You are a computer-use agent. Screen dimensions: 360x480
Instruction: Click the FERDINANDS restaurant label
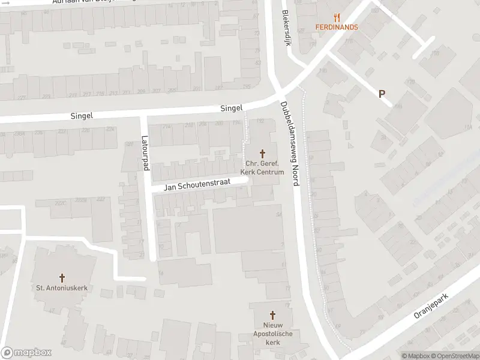tap(337, 27)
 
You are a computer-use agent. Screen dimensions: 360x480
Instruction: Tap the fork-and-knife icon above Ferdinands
tap(337, 17)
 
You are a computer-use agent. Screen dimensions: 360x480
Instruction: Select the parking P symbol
tap(381, 94)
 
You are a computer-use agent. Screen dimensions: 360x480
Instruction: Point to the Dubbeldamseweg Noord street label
tap(289, 144)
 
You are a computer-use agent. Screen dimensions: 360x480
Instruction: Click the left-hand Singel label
tap(82, 116)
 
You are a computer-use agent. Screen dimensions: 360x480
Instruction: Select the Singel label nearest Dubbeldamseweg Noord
tap(231, 108)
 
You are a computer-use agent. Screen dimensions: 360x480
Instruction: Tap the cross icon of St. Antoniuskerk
tap(62, 278)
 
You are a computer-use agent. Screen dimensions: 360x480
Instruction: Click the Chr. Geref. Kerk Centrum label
tap(262, 168)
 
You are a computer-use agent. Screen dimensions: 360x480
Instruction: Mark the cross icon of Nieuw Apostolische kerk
tap(272, 314)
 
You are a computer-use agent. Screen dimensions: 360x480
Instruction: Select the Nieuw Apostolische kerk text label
tap(272, 333)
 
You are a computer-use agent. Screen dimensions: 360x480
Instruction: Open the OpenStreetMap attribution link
tap(455, 356)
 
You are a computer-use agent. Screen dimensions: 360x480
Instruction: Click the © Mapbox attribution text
tap(416, 356)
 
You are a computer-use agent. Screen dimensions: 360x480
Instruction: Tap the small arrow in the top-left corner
tap(5, 2)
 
